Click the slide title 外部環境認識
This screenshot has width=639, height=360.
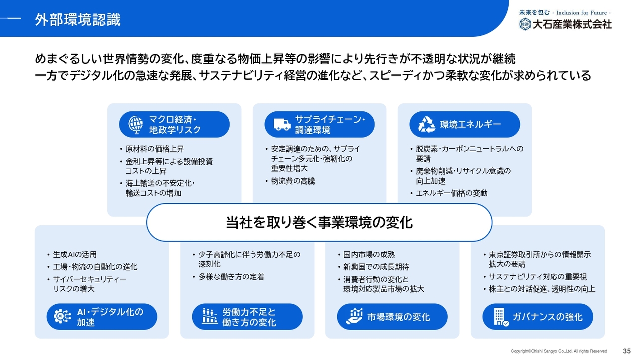78,19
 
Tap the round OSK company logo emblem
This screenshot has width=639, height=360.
525,24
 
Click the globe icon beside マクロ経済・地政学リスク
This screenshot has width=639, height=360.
136,125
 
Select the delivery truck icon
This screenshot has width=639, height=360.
282,125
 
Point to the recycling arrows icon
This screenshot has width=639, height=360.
427,125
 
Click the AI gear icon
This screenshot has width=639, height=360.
62,316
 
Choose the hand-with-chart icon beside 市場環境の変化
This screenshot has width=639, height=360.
354,316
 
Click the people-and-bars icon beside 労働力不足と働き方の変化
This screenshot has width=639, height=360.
210,316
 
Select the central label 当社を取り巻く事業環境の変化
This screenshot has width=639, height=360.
319,223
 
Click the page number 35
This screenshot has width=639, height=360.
627,351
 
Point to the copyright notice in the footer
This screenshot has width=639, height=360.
559,351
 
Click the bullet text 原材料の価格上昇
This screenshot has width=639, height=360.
155,149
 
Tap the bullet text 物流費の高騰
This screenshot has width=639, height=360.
293,181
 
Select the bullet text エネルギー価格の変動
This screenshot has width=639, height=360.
452,193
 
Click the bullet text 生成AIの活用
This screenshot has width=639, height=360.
75,255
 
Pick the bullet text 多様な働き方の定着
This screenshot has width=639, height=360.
231,277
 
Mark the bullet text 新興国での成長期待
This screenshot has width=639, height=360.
376,267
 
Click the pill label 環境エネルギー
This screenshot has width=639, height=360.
470,125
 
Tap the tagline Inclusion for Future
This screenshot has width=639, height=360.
582,13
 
